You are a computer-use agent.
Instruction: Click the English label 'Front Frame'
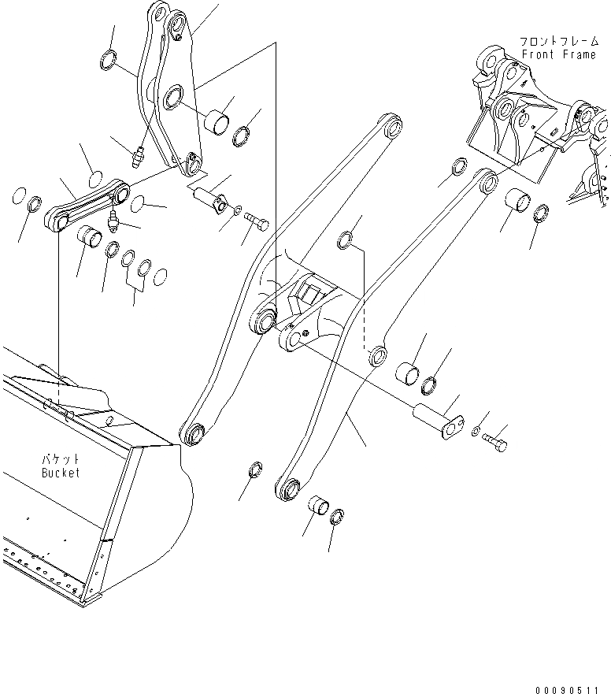pyautogui.click(x=558, y=54)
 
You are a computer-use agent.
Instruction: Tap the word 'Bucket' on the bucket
pyautogui.click(x=61, y=473)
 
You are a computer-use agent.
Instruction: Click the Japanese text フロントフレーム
pyautogui.click(x=558, y=40)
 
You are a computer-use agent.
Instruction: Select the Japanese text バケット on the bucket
pyautogui.click(x=61, y=458)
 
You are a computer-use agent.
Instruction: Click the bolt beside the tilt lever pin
pyautogui.click(x=257, y=220)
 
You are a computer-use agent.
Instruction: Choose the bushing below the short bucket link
pyautogui.click(x=91, y=236)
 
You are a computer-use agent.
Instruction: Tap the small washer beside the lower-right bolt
pyautogui.click(x=476, y=431)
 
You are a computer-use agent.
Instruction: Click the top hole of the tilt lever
pyautogui.click(x=162, y=14)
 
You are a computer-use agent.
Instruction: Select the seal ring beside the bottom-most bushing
pyautogui.click(x=337, y=516)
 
